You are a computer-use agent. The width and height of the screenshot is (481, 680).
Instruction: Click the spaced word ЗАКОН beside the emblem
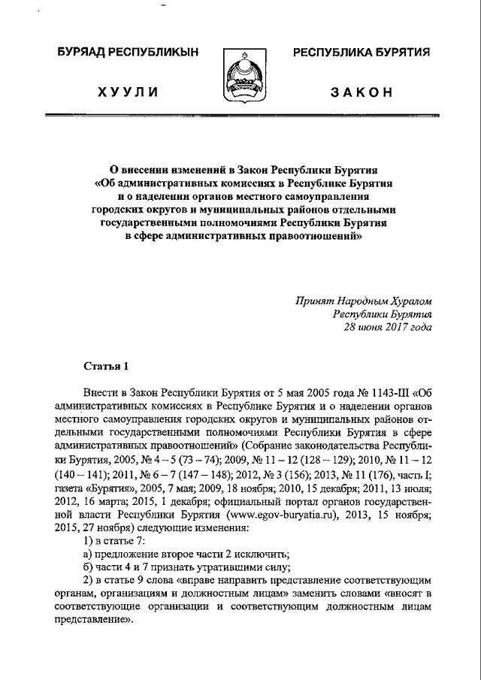pyautogui.click(x=362, y=92)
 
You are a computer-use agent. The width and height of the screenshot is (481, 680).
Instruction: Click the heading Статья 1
pyautogui.click(x=106, y=366)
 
